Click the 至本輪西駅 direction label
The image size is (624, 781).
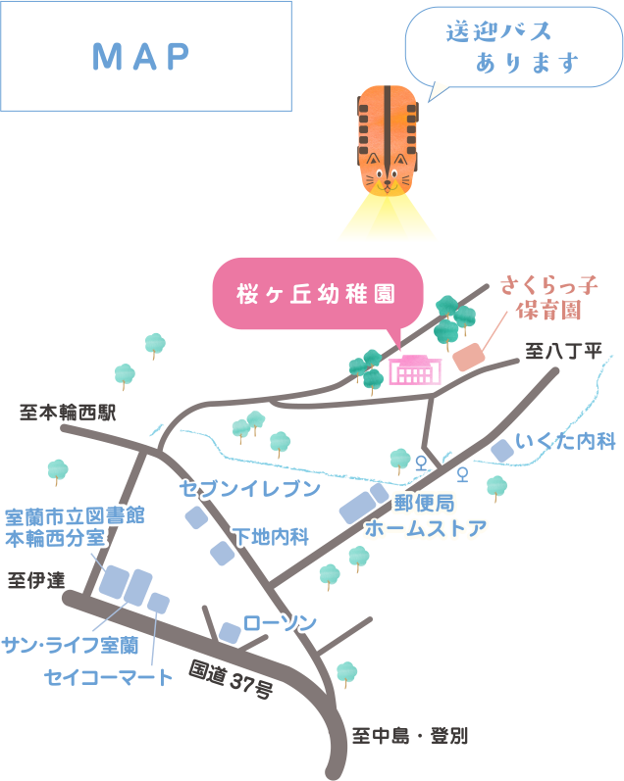coord(68,413)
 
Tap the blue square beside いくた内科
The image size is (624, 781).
coord(502,451)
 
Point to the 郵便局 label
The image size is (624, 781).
coord(424,504)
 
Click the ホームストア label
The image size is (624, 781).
coord(426,529)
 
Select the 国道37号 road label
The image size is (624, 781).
coord(232,680)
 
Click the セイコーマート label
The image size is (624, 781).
coord(108,675)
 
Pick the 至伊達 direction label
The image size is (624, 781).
coord(36,580)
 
